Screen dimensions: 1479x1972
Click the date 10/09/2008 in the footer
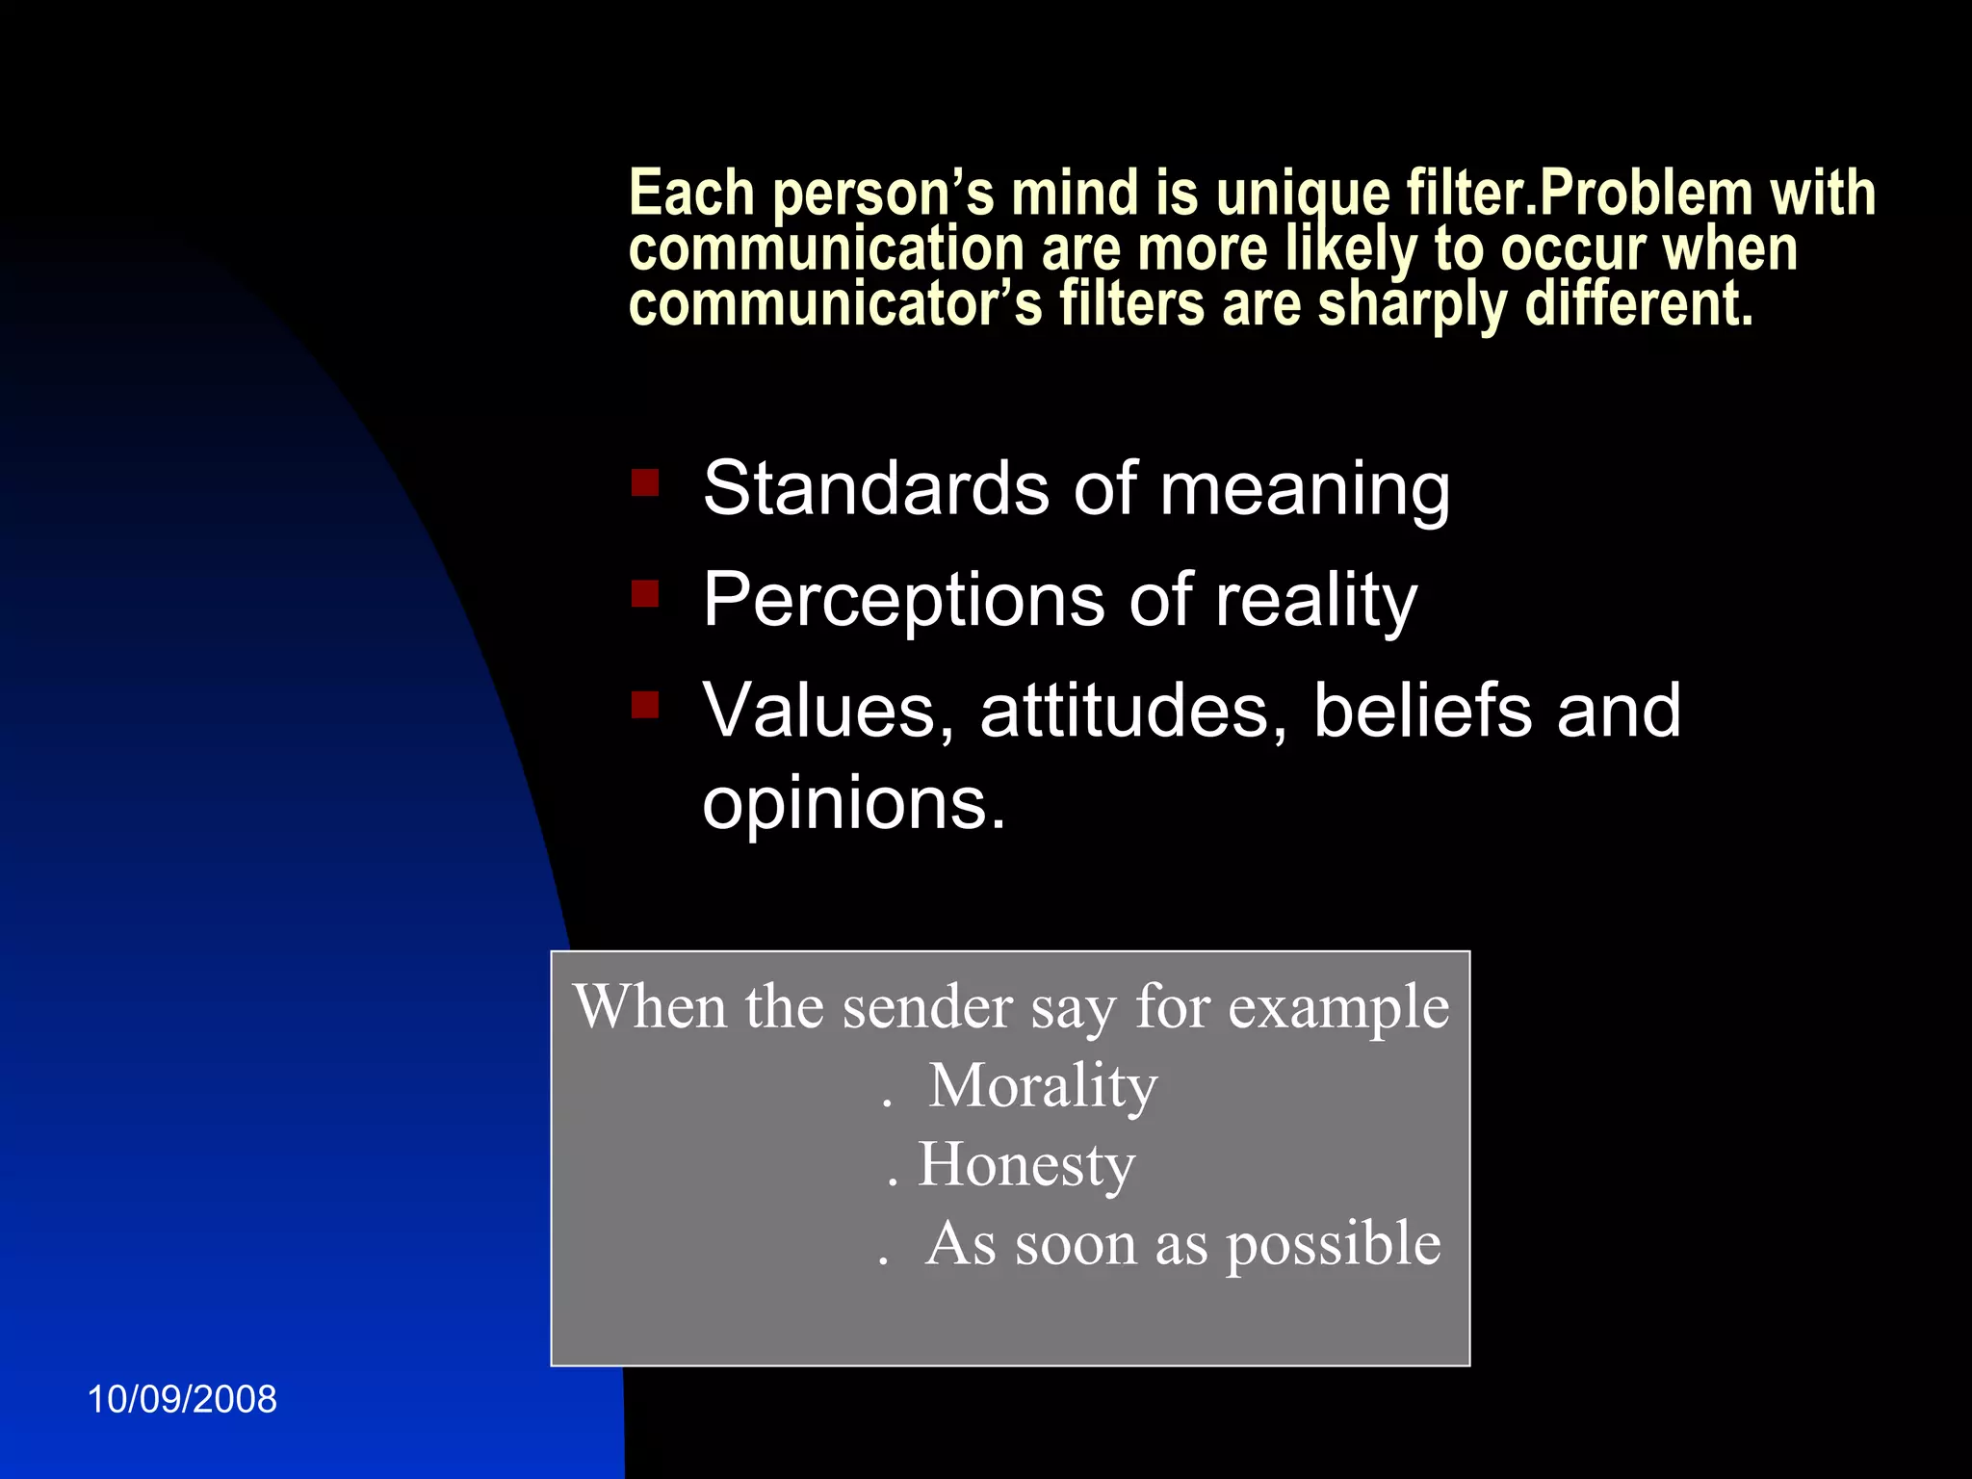tap(182, 1399)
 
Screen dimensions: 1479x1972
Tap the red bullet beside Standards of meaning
tap(645, 482)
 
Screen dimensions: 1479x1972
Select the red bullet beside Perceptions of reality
tap(645, 594)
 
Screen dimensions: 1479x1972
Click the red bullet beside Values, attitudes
tap(645, 705)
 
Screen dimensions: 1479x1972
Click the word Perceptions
tap(902, 601)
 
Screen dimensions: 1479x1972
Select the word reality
tap(1315, 601)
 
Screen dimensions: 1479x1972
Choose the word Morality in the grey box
tap(1043, 1086)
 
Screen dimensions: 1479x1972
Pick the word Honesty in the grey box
tap(1026, 1165)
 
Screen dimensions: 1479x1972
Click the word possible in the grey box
tap(1333, 1244)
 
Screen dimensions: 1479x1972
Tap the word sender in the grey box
tap(927, 1007)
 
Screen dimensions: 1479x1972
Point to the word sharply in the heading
tap(1411, 305)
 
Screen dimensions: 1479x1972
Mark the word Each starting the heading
tap(690, 193)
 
